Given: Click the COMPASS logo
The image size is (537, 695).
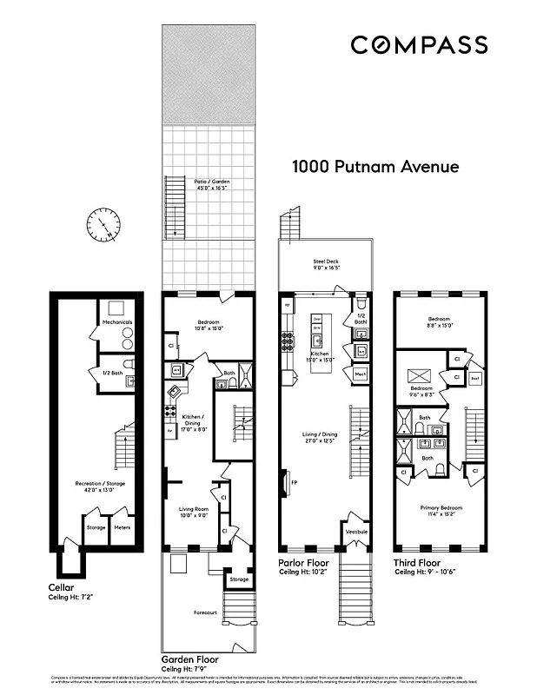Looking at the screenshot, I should (419, 45).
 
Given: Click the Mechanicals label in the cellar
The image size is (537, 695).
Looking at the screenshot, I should (116, 322).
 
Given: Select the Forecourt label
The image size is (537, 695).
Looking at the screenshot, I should (205, 612).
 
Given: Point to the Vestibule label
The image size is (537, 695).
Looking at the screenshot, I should (357, 531).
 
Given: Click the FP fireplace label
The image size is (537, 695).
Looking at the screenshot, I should (294, 481).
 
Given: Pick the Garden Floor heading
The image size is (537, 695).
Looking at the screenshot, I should (196, 659).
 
